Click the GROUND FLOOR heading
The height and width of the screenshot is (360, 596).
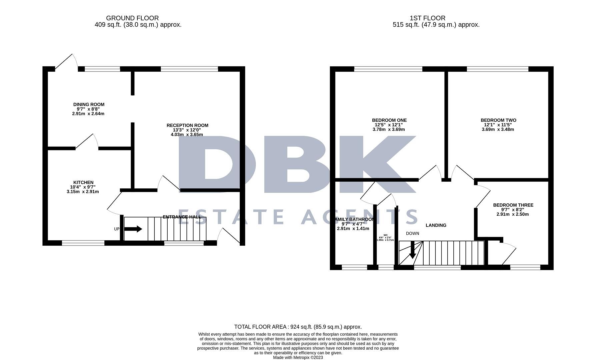[132, 18]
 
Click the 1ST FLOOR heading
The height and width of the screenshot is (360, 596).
[427, 18]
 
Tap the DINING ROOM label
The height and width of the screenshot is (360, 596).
[89, 104]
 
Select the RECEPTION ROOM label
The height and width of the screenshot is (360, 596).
[187, 125]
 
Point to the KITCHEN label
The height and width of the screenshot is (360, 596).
[83, 182]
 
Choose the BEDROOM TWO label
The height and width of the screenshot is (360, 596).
[498, 120]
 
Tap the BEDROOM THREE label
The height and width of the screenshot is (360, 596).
[513, 205]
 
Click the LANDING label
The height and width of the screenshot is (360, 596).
[436, 225]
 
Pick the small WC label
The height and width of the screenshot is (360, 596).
[385, 235]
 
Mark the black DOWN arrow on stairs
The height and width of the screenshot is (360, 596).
[412, 250]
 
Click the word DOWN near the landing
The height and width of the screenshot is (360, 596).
[412, 233]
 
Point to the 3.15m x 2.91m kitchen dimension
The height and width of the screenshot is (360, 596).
[83, 192]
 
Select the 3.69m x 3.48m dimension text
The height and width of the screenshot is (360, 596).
[498, 129]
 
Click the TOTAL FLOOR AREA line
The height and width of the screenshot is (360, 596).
[298, 327]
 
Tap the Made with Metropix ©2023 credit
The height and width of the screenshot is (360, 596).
[298, 357]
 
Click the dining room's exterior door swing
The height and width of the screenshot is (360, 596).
[68, 62]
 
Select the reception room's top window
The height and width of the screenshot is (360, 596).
[189, 69]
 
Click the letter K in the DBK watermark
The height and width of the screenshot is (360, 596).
[377, 164]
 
